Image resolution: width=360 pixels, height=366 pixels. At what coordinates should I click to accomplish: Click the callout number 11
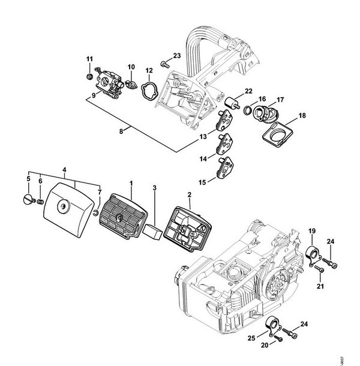tap(89, 59)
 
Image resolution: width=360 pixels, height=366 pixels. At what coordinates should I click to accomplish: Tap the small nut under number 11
tap(89, 76)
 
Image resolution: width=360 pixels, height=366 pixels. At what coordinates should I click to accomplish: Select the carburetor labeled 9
tap(109, 83)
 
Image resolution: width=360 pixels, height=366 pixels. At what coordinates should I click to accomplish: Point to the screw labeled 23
tap(165, 64)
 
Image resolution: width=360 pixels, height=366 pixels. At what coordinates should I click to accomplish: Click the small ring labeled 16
tap(247, 110)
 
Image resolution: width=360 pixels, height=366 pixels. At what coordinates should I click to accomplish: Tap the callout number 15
tap(202, 182)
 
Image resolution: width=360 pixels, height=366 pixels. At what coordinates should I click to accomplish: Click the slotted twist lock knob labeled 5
tap(29, 199)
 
